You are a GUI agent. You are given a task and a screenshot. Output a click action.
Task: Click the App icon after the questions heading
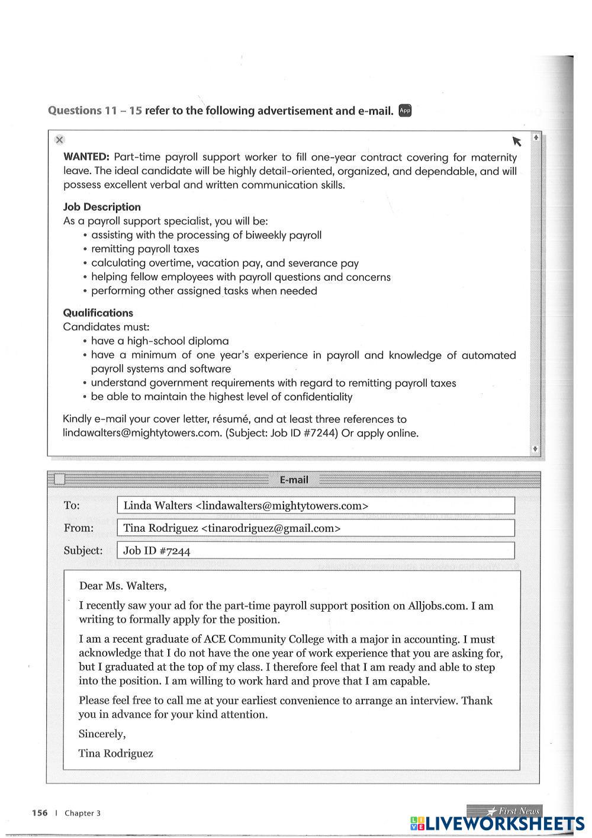[x=405, y=110]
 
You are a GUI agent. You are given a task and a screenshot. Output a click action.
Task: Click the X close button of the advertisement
[x=59, y=140]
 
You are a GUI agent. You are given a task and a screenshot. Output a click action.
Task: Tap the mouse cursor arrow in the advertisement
[x=517, y=141]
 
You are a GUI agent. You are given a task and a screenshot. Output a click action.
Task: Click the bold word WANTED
[x=86, y=158]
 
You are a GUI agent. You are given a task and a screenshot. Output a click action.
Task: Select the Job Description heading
[x=102, y=207]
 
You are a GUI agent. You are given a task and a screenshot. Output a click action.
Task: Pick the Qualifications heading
[x=98, y=313]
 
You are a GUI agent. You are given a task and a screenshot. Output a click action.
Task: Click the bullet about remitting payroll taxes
[x=145, y=249]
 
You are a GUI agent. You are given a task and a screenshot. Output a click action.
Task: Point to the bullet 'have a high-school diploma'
[x=159, y=341]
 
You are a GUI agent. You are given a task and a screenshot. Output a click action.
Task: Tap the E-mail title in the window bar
[x=294, y=480]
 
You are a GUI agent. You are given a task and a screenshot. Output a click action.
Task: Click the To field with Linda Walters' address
[x=316, y=506]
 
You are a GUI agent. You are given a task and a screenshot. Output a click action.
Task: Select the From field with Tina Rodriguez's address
[x=316, y=528]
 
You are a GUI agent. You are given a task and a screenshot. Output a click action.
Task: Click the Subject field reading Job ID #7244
[x=316, y=551]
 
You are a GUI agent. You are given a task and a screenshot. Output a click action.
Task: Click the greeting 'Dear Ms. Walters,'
[x=123, y=586]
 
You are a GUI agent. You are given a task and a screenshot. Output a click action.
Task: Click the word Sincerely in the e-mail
[x=102, y=734]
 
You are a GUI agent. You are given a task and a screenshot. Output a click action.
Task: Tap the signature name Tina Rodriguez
[x=116, y=754]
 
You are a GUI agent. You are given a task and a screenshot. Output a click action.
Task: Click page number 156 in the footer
[x=40, y=813]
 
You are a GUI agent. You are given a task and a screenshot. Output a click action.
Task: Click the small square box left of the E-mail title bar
[x=59, y=480]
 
